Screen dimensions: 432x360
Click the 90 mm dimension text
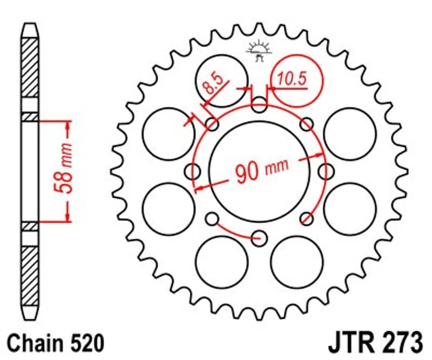262,171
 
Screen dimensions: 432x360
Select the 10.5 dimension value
292,79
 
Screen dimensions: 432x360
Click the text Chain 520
56,343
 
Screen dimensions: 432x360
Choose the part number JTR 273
375,343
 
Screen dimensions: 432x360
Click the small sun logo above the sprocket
259,51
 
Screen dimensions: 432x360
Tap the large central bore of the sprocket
259,171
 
